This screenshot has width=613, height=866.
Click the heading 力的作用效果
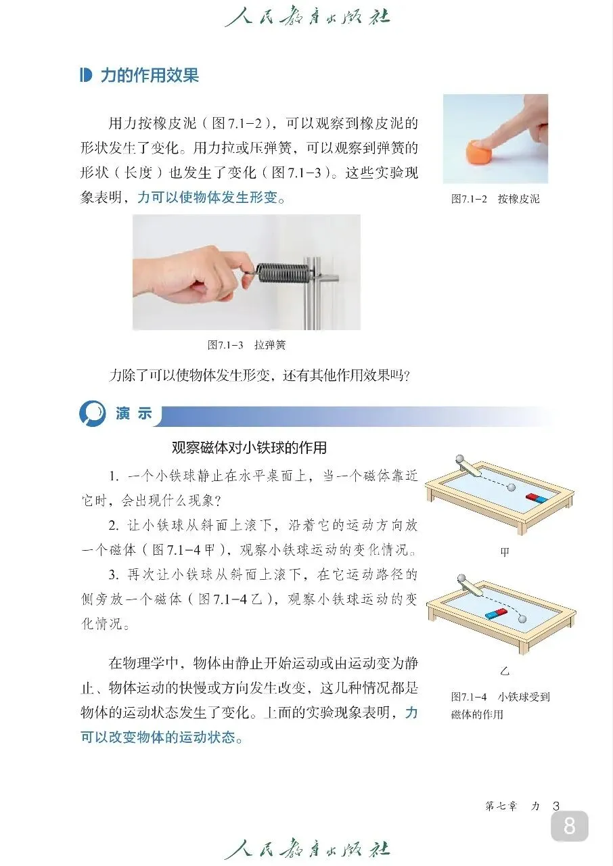pyautogui.click(x=150, y=75)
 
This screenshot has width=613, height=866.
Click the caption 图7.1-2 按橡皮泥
pyautogui.click(x=495, y=199)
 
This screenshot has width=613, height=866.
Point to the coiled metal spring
pyautogui.click(x=282, y=275)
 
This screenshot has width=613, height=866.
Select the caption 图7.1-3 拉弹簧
pyautogui.click(x=246, y=344)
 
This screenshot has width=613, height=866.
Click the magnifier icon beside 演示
pyautogui.click(x=93, y=413)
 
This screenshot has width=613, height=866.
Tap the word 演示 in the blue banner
pyautogui.click(x=134, y=413)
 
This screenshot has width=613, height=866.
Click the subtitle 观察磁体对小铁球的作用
pyautogui.click(x=249, y=448)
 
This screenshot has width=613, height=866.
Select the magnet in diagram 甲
pyautogui.click(x=537, y=498)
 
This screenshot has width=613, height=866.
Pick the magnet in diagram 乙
pyautogui.click(x=495, y=613)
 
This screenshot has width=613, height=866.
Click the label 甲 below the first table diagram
pyautogui.click(x=505, y=551)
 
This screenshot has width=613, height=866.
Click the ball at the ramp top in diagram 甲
pyautogui.click(x=460, y=459)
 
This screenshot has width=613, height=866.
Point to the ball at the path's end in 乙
pyautogui.click(x=522, y=619)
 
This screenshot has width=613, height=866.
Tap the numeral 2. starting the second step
pyautogui.click(x=113, y=526)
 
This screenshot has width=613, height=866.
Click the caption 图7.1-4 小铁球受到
pyautogui.click(x=501, y=697)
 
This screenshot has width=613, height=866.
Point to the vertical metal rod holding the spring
pyautogui.click(x=311, y=293)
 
